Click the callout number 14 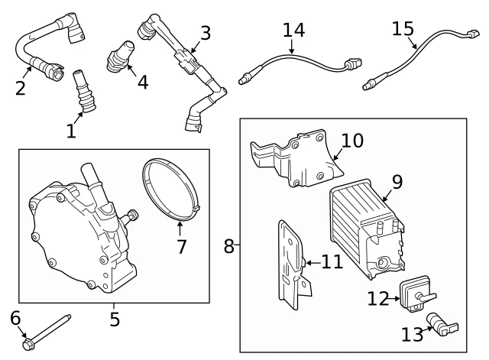pos(293,31)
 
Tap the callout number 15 pos(403,29)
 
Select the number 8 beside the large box pos(228,246)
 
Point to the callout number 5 pos(115,319)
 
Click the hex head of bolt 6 pos(27,345)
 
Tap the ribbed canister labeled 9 pos(367,228)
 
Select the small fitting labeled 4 pos(120,56)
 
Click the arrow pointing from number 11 pos(313,263)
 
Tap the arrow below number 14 pos(292,47)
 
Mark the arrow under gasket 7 pos(180,228)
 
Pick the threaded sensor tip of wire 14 pos(246,78)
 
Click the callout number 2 pos(21,89)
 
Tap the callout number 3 pos(206,33)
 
